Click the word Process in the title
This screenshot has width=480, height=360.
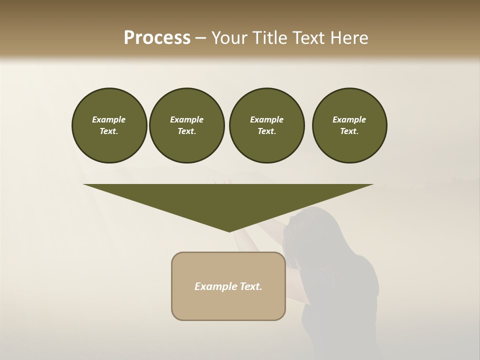(x=157, y=38)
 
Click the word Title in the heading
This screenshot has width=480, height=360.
(x=270, y=38)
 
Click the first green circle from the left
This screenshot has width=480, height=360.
(x=109, y=125)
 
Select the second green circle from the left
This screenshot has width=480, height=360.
(x=186, y=125)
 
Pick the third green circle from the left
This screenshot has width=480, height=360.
(x=266, y=125)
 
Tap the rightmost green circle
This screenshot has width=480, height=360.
(x=349, y=125)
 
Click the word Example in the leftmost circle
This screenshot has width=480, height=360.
(x=109, y=119)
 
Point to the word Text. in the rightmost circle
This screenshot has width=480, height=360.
(x=349, y=131)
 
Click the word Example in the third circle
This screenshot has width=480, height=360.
(x=266, y=119)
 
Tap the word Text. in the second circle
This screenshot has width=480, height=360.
(x=186, y=131)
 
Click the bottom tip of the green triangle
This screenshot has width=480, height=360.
(x=229, y=231)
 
